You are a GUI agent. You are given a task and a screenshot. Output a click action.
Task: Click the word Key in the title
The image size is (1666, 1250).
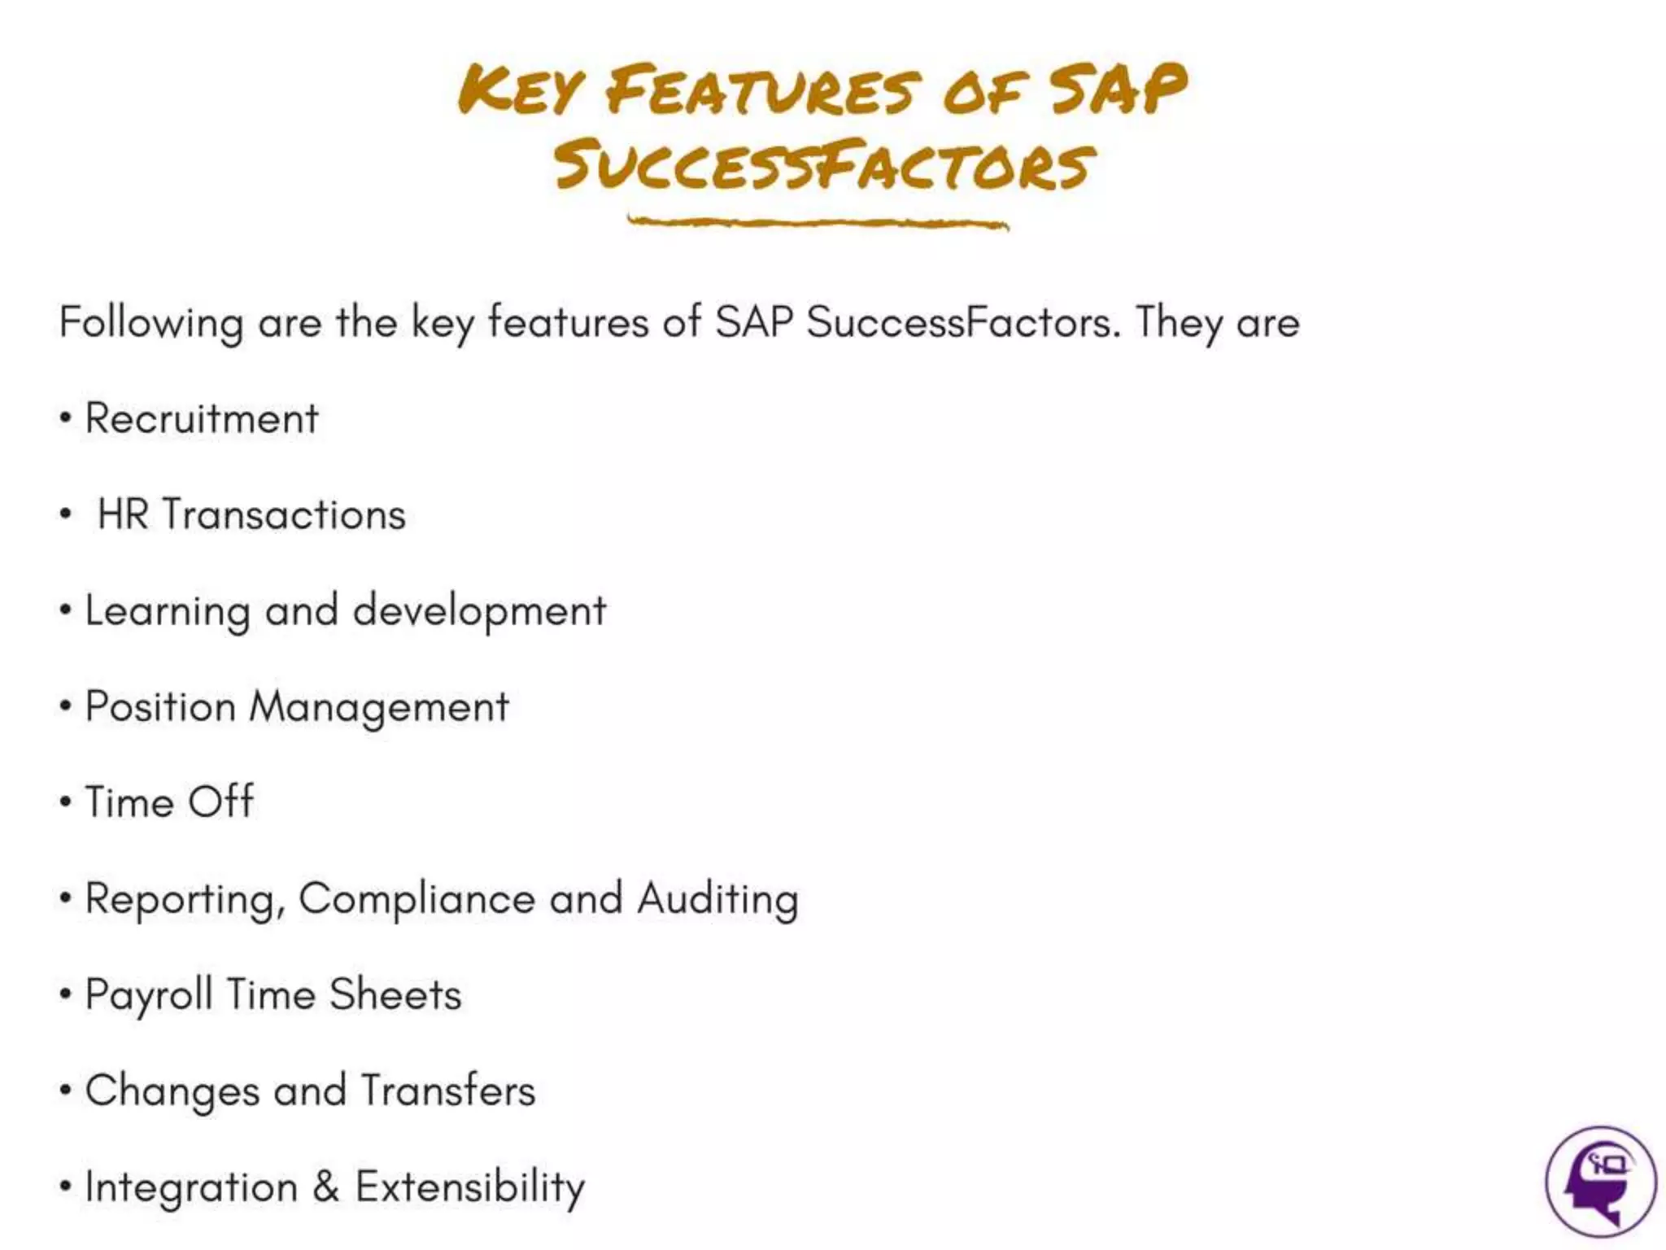(521, 91)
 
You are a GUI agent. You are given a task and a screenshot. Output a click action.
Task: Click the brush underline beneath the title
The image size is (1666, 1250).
(818, 222)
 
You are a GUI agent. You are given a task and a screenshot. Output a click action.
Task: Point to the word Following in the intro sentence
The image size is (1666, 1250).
(151, 323)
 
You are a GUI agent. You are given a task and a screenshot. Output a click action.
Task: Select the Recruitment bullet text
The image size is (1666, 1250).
(202, 419)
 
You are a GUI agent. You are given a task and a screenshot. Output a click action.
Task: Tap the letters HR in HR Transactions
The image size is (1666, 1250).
(123, 515)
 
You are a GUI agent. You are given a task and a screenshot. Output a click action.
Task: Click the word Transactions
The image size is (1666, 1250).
(284, 515)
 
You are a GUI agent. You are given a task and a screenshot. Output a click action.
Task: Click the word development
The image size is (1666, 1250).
(479, 611)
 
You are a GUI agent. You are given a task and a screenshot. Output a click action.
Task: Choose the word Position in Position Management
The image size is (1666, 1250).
(160, 706)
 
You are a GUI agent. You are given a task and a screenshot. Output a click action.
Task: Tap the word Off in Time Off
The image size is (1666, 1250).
(221, 802)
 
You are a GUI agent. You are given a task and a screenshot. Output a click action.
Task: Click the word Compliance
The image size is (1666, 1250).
(416, 899)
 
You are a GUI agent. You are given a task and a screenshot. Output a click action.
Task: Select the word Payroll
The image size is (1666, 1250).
(149, 995)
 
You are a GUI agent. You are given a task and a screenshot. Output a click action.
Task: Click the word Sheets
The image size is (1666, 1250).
(395, 994)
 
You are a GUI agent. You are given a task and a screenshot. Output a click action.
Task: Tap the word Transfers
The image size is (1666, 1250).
(448, 1090)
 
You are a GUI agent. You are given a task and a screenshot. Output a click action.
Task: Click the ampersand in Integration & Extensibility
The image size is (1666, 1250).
(326, 1186)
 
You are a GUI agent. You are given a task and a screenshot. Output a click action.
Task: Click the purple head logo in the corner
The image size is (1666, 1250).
(1600, 1181)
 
